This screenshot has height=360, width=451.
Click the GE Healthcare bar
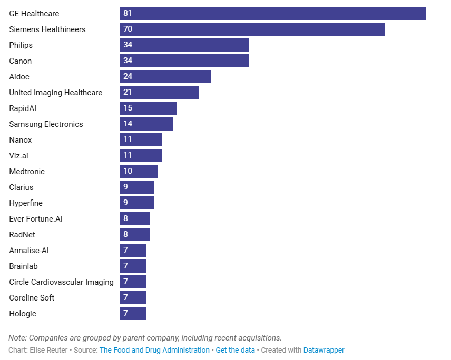(x=273, y=14)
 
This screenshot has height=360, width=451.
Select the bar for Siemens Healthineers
(x=252, y=29)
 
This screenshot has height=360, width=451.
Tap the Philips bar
(x=184, y=45)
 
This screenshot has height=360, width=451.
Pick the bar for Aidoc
(x=165, y=77)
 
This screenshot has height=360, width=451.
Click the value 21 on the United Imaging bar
(x=128, y=93)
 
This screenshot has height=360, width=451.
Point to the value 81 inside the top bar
(x=128, y=14)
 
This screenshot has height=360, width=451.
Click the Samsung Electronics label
(x=46, y=124)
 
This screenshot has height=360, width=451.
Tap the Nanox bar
(x=141, y=140)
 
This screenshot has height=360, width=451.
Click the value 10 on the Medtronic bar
(x=128, y=172)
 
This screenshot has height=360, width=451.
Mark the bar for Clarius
(x=137, y=187)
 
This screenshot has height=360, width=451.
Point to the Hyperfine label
(x=26, y=203)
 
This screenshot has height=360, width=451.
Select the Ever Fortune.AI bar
(x=135, y=219)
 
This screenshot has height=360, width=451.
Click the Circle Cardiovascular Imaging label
(x=61, y=282)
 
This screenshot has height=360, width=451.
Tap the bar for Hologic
(x=133, y=314)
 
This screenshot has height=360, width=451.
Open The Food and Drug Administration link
(x=154, y=350)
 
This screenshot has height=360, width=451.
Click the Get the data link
(x=235, y=350)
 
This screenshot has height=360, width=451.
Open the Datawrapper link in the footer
(x=323, y=350)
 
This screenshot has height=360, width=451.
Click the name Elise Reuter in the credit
(x=48, y=350)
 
